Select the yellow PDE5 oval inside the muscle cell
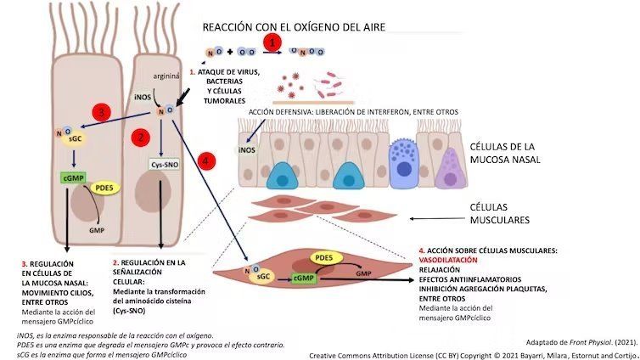pos(323,256)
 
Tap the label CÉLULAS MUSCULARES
pos(499,213)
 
